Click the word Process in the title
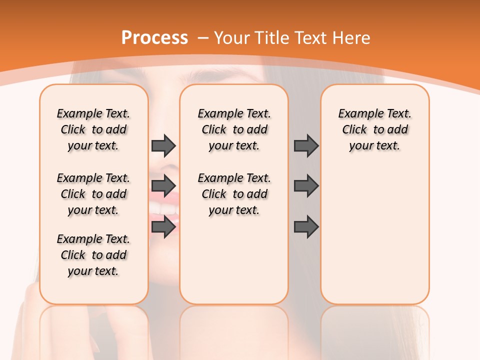(x=154, y=37)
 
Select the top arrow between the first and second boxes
(x=163, y=145)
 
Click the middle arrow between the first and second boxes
(x=163, y=186)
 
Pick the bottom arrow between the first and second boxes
(x=163, y=227)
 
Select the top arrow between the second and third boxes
(x=306, y=145)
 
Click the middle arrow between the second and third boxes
(x=306, y=186)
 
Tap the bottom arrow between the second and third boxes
(x=306, y=227)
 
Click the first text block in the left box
(x=93, y=129)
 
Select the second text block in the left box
(x=93, y=194)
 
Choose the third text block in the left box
(x=93, y=255)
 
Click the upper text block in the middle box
(x=234, y=129)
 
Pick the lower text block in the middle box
(x=234, y=194)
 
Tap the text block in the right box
(x=374, y=129)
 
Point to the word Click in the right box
(x=354, y=130)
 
